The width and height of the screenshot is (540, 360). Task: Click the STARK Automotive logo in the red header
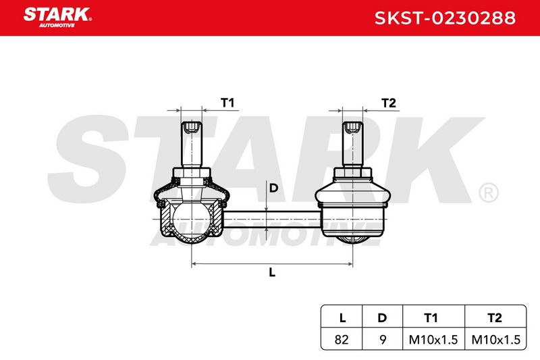[57, 18]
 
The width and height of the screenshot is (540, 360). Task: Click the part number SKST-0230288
[445, 18]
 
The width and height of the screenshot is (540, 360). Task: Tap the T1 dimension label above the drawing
[227, 103]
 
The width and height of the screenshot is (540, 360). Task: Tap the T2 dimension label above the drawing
[389, 103]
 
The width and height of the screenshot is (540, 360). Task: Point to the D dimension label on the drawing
[273, 188]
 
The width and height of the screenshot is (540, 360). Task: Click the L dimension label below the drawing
[272, 272]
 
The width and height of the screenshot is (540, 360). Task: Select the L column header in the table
[342, 317]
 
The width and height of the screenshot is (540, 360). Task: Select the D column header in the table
[382, 317]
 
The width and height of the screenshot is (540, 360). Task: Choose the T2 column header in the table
[495, 317]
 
